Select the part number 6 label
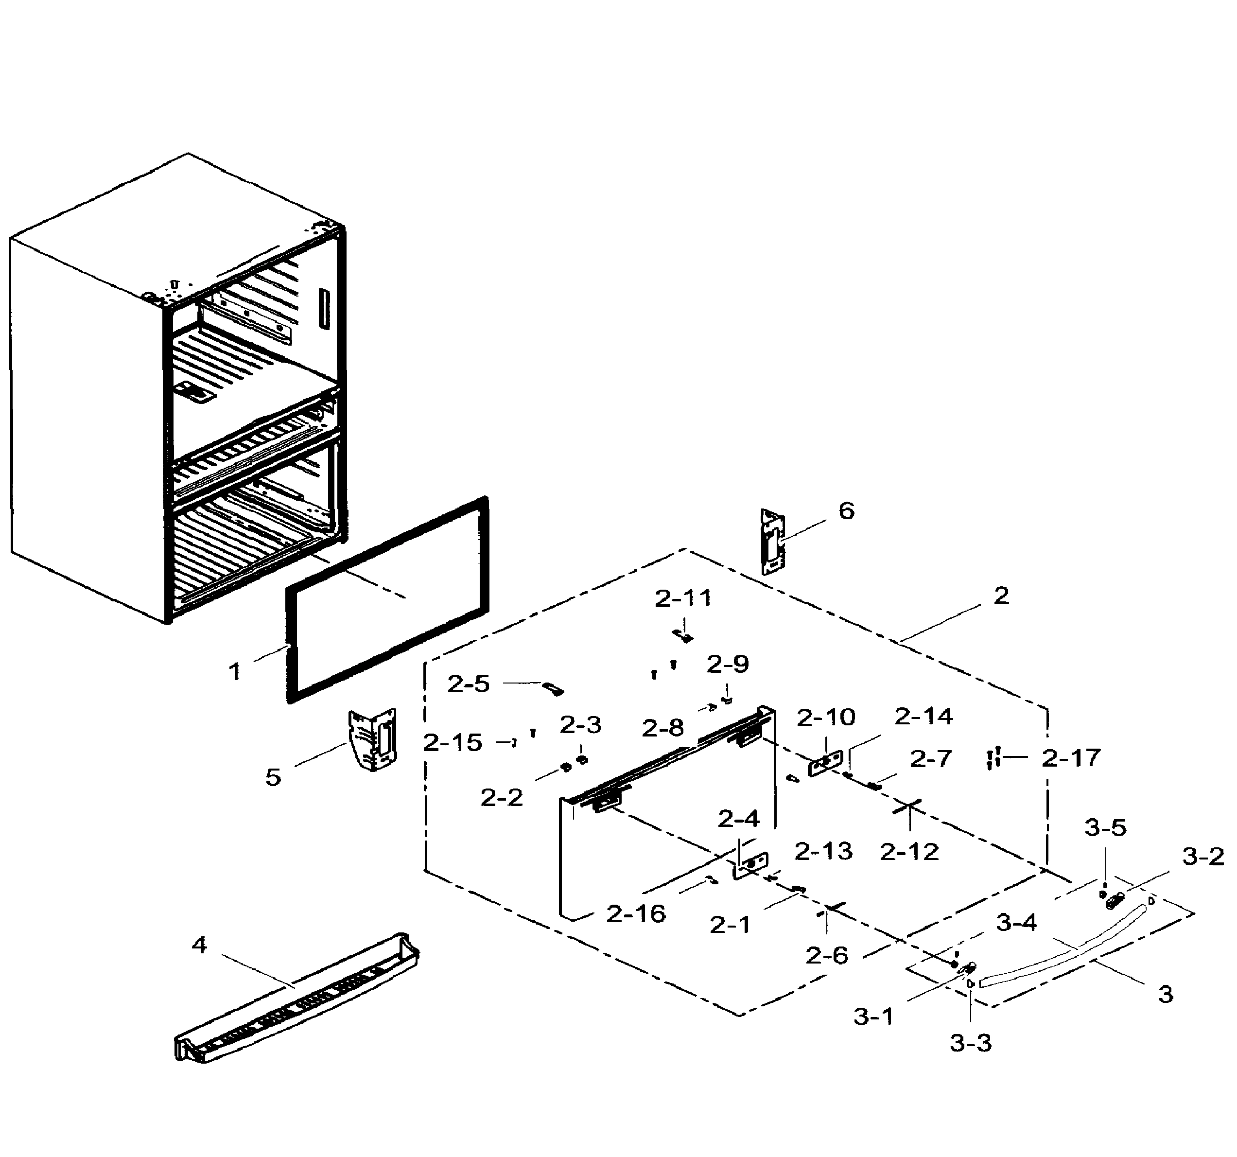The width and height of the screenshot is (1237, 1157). pyautogui.click(x=846, y=511)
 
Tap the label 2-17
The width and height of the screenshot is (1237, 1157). pyautogui.click(x=1071, y=758)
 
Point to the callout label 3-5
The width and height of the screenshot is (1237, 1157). pyautogui.click(x=1105, y=828)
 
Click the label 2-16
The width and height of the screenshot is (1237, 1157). pyautogui.click(x=636, y=914)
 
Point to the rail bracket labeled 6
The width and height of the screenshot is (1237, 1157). pyautogui.click(x=772, y=542)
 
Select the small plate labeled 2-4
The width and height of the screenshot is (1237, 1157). pyautogui.click(x=751, y=865)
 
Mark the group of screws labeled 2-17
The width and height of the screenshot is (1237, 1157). pyautogui.click(x=993, y=758)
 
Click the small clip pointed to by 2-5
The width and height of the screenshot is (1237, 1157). pyautogui.click(x=552, y=688)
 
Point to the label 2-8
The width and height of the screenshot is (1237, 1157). pyautogui.click(x=662, y=728)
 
